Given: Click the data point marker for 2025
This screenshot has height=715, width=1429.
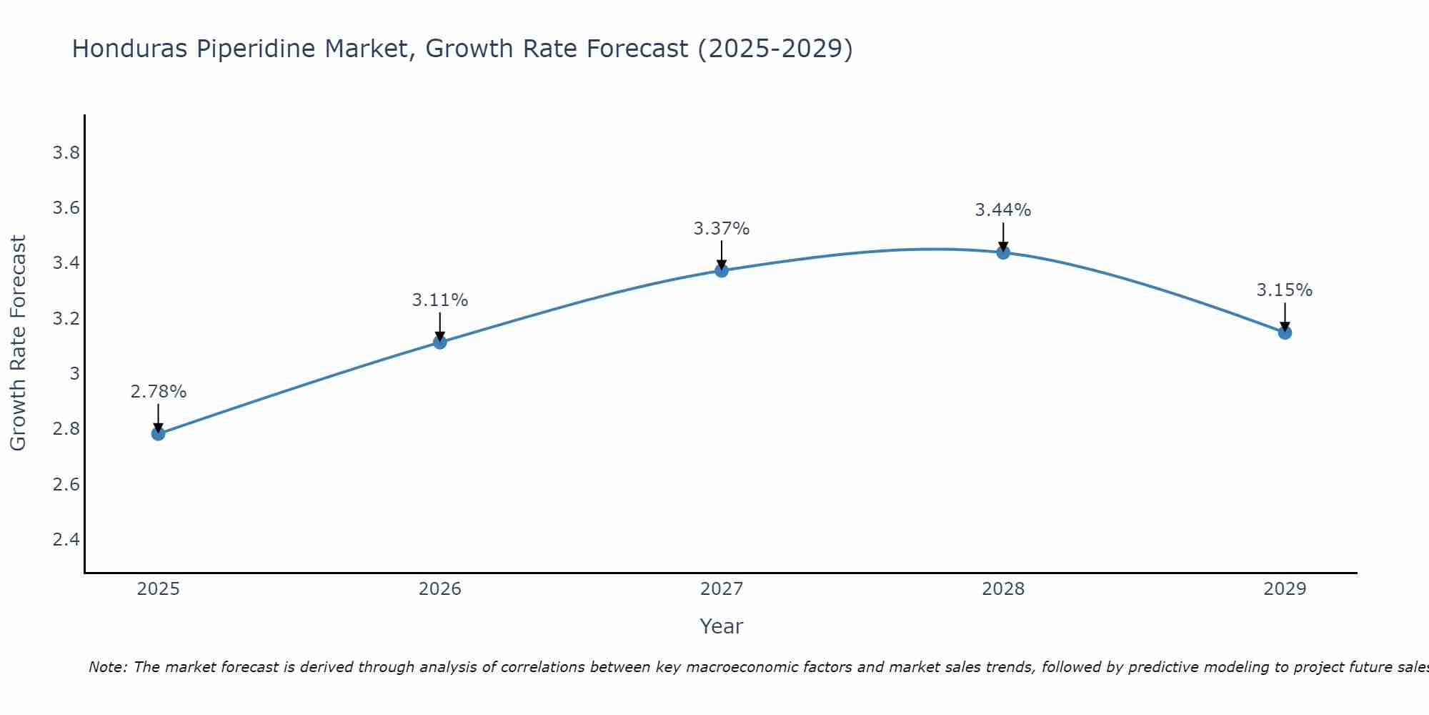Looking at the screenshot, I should point(158,433).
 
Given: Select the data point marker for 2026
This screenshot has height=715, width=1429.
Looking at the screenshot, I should point(439,342).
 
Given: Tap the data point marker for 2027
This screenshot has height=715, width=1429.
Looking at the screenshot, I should point(721,270).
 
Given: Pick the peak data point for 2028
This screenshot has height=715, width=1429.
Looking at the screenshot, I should point(1002,252).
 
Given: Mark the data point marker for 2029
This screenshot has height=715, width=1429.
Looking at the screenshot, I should point(1284,332).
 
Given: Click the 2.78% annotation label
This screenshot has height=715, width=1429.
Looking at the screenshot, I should point(158,392).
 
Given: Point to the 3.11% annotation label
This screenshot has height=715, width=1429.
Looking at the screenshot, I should point(439,300).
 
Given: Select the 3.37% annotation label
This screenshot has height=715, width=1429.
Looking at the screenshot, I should point(721,229).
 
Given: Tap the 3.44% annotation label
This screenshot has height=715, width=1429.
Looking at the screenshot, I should point(1002,210).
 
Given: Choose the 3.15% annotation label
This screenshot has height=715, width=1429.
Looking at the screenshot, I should point(1284,290).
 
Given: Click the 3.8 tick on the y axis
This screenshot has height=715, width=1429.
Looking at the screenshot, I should point(66,153).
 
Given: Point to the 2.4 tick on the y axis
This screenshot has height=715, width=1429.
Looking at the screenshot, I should point(66,539).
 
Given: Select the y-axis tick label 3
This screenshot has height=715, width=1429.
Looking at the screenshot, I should point(74,373).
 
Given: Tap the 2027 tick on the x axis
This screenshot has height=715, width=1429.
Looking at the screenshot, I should point(721,589).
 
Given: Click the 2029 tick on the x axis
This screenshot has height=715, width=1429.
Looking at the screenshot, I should point(1284,589).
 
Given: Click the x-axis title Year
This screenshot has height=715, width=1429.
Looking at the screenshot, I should point(721,626).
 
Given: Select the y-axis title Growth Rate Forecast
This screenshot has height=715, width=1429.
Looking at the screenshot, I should point(18,343).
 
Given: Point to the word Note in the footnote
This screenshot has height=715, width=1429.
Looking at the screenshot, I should point(107,667).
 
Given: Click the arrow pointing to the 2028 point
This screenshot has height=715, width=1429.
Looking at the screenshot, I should point(1002,236).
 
